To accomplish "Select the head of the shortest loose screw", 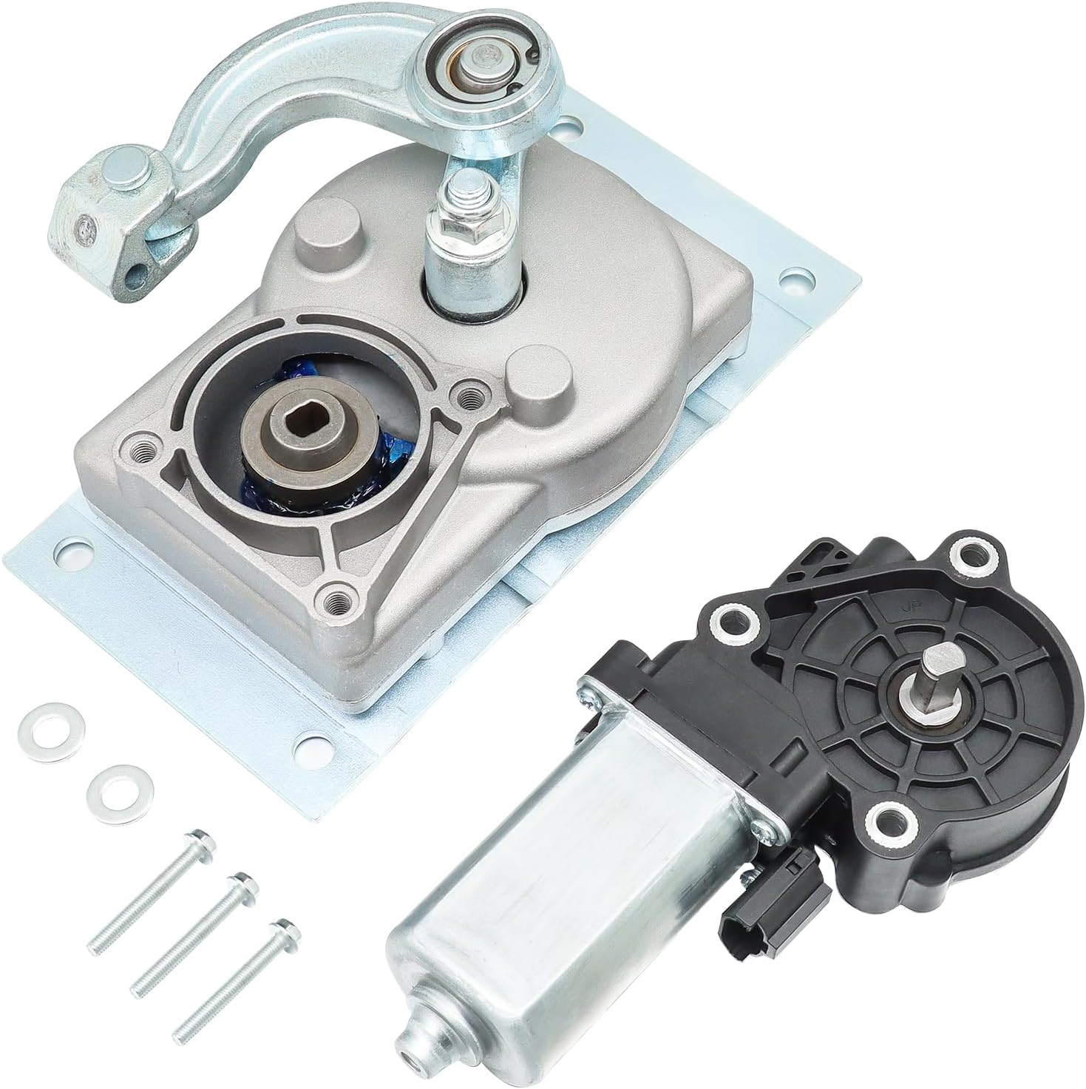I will point(279,929).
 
